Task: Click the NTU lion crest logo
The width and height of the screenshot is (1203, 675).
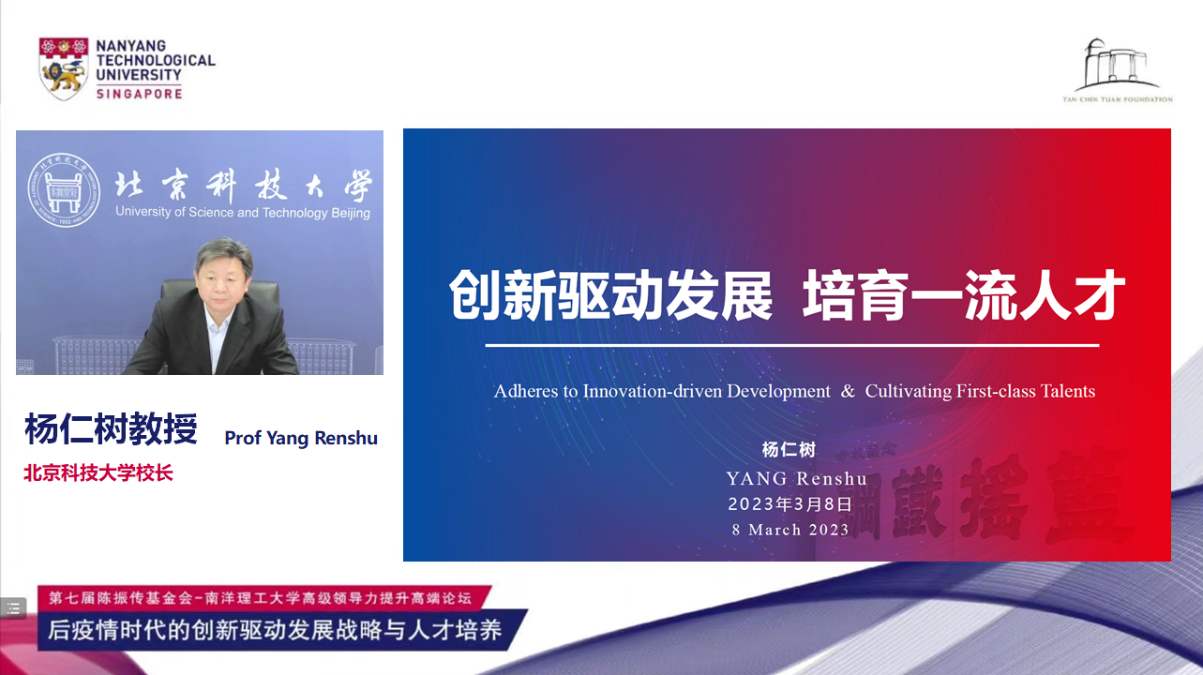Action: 64,68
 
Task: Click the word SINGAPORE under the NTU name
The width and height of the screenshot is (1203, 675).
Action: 139,94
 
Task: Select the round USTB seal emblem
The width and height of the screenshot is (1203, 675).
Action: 64,190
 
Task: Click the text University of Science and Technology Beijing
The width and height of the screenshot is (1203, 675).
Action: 243,213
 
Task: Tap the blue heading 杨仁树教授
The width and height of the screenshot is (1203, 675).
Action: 112,428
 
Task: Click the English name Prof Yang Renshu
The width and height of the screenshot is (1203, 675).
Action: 301,438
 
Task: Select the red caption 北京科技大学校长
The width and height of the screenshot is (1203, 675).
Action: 98,473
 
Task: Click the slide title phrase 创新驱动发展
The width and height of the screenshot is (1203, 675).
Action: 610,295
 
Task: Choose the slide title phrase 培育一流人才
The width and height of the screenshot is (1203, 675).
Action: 964,295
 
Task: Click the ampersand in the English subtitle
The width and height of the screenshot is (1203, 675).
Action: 848,391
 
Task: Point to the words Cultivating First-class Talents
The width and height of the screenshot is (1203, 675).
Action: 980,391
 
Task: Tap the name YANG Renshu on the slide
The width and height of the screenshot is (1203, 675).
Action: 796,478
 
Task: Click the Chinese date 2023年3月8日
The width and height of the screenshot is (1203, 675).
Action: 790,503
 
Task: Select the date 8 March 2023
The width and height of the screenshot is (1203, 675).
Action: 790,530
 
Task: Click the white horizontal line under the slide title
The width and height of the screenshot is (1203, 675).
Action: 792,345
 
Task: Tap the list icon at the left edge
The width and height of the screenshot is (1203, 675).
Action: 13,607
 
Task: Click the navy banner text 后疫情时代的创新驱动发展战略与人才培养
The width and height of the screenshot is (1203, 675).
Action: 275,630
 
